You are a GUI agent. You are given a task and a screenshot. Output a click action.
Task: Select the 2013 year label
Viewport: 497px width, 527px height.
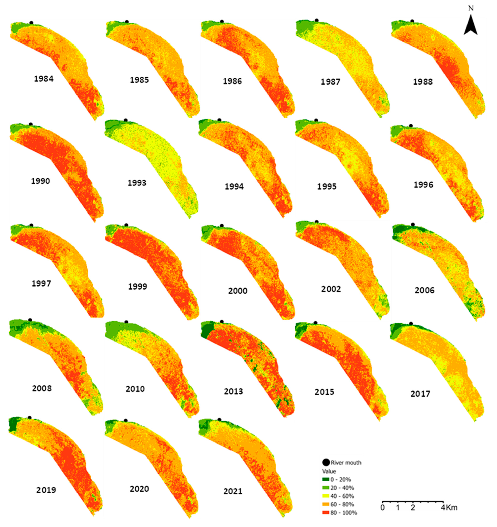point(233,391)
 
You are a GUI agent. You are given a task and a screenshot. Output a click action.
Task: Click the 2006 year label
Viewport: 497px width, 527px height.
point(425,290)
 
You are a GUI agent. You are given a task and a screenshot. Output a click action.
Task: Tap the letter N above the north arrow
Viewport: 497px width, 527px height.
point(471,9)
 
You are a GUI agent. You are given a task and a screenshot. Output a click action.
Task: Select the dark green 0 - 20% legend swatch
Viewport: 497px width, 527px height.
point(326,479)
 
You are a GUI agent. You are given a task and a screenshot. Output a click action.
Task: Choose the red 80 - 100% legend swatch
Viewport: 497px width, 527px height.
point(326,513)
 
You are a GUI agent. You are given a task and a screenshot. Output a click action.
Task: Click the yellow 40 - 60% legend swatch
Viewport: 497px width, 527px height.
point(326,496)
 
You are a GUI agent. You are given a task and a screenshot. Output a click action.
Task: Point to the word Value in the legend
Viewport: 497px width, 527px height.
point(329,471)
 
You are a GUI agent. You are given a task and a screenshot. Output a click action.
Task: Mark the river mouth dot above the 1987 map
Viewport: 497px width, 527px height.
point(316,20)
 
